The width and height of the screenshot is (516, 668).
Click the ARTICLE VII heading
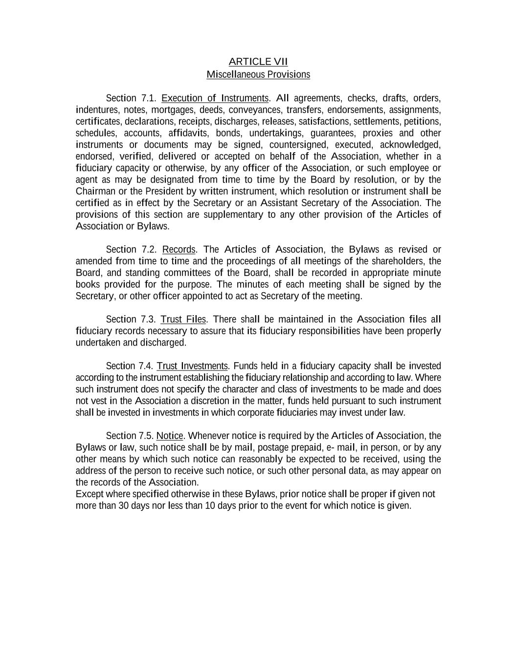tap(258, 62)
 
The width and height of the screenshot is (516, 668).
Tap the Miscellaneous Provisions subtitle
tap(258, 74)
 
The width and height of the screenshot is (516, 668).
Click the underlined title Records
tap(179, 250)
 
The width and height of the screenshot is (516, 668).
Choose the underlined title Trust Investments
tap(192, 366)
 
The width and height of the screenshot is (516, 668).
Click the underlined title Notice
tap(170, 436)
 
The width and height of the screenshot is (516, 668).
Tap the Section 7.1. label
tap(131, 98)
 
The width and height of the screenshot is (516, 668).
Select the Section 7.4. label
tap(130, 366)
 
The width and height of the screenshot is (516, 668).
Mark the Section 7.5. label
tap(130, 436)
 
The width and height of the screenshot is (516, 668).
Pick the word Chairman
tap(95, 191)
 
